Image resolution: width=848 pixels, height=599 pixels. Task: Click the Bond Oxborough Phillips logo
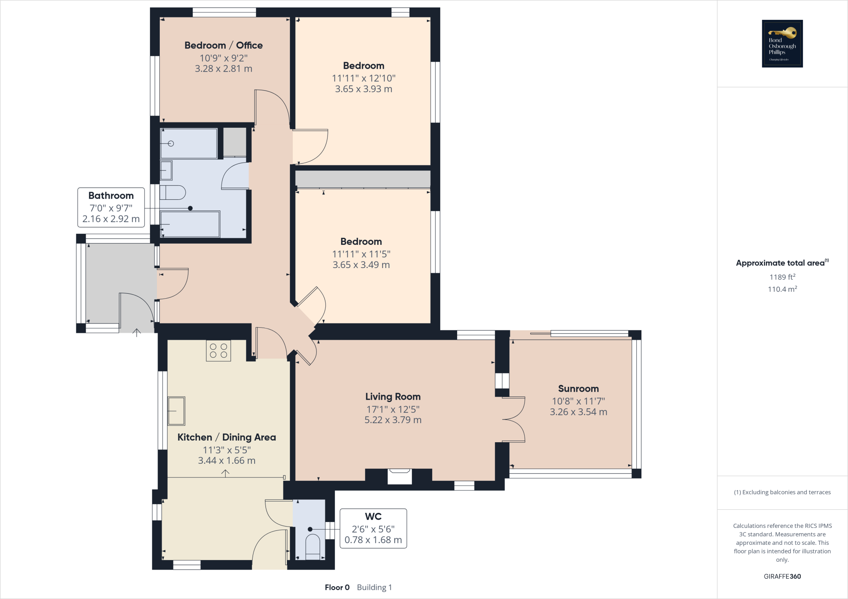tap(782, 43)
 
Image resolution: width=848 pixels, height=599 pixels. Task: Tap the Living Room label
tap(393, 397)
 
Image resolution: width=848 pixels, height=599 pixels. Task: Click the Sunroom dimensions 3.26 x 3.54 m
tap(578, 412)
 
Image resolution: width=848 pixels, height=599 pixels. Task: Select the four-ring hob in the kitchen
tap(218, 350)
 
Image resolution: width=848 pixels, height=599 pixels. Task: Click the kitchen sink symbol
tap(176, 411)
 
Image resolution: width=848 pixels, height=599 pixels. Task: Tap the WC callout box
tap(373, 528)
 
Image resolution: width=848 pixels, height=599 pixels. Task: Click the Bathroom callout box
tap(111, 207)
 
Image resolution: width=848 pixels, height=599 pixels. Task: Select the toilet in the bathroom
tap(173, 192)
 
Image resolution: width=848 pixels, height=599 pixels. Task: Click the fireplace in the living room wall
tap(400, 476)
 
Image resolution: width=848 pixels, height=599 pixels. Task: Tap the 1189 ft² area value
tap(782, 277)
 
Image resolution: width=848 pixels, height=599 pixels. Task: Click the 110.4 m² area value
tap(782, 289)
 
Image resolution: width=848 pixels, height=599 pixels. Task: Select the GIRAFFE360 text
tap(782, 576)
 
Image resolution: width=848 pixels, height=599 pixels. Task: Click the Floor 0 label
tap(337, 587)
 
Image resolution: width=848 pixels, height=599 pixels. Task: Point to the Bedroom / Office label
tap(224, 46)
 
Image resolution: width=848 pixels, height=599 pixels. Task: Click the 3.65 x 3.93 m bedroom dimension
tap(364, 89)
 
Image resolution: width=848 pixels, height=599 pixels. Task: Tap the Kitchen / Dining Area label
tap(226, 437)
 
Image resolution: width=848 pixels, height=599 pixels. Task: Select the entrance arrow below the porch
tap(137, 332)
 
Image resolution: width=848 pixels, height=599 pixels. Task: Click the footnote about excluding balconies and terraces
tap(782, 492)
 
